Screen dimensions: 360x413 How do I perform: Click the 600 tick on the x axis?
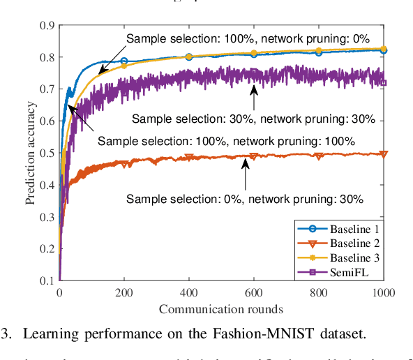253,292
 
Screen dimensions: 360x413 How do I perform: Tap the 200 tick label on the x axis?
123,292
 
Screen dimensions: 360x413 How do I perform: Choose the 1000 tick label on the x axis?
382,292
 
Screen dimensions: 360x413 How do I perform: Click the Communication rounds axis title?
220,308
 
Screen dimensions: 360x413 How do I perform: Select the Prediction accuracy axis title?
31,153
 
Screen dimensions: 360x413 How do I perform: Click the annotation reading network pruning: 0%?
247,38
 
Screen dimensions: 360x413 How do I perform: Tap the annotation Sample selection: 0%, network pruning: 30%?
245,199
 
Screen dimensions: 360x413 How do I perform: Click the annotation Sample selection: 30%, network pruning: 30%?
253,119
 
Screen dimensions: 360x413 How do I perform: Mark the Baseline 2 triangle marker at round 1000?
383,154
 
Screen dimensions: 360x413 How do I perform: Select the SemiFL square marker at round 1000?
383,83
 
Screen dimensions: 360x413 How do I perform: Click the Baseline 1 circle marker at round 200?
124,61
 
